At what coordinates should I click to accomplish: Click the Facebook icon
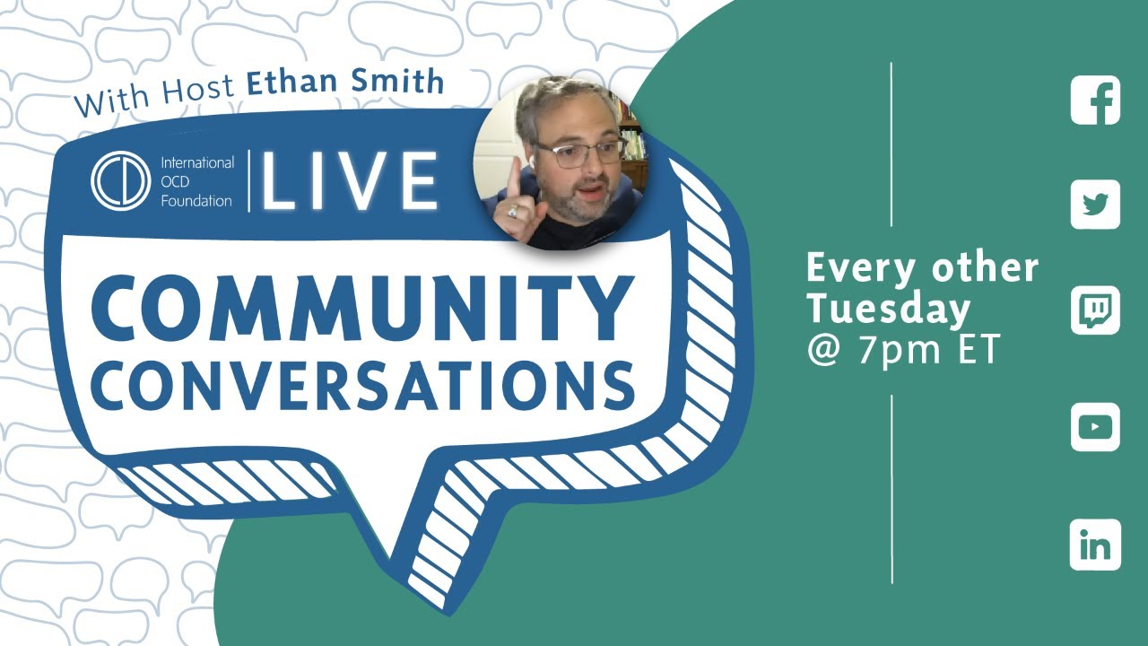click(x=1095, y=100)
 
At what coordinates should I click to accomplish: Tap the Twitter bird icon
click(x=1095, y=205)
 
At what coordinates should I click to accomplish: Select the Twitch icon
click(x=1095, y=310)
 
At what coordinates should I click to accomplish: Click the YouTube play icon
click(x=1095, y=427)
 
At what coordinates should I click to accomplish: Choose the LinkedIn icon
click(x=1095, y=545)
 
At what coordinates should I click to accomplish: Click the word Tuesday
click(x=888, y=309)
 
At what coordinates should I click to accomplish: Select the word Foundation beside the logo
click(x=196, y=200)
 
